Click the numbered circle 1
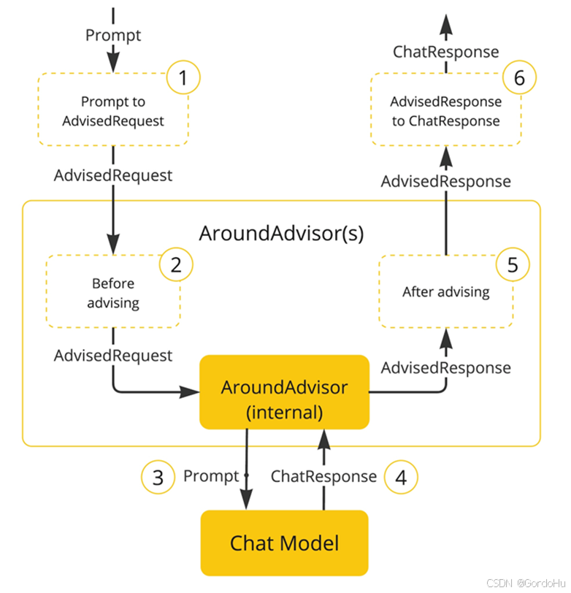pos(183,77)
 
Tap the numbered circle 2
pos(176,264)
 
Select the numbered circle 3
pos(158,478)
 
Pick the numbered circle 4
pos(401,478)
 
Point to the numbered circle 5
pos(513,264)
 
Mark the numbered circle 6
pos(520,77)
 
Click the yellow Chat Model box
pos(284,543)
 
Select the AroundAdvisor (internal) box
pos(284,392)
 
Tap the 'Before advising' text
pos(113,293)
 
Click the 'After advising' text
pos(446,292)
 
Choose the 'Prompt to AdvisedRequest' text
pos(113,112)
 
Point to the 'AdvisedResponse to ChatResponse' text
pos(446,112)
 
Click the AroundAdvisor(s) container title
pos(281,234)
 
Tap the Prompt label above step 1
pos(113,36)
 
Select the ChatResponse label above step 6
pos(446,52)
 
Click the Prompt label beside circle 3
pos(211,476)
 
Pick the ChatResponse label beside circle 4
pos(323,476)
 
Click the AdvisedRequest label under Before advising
pos(113,356)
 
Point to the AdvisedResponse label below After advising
pos(446,368)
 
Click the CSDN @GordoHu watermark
pos(526,584)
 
